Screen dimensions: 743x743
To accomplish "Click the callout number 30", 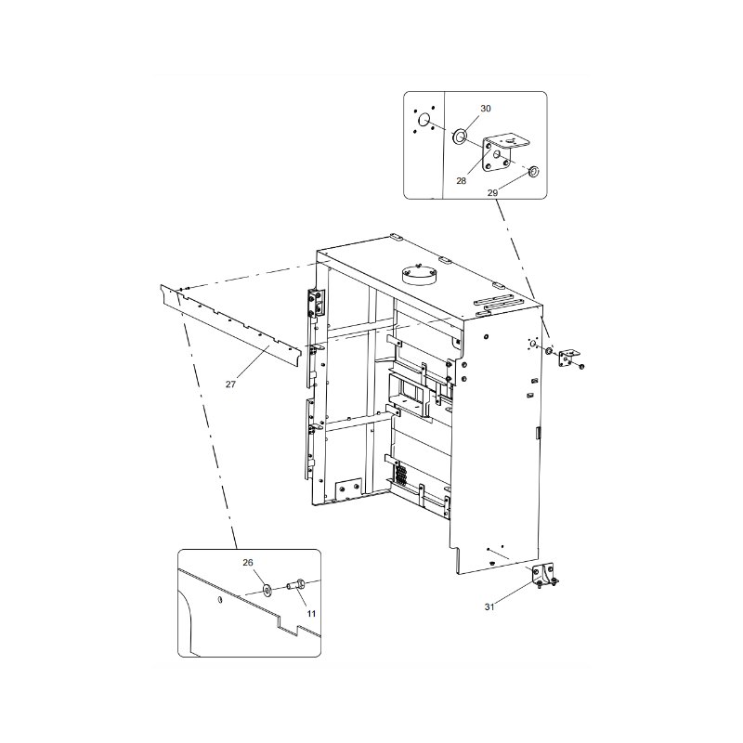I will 485,109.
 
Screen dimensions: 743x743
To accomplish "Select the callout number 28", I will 462,182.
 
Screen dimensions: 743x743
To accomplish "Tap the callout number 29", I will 492,192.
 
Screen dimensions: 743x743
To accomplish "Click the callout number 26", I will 248,563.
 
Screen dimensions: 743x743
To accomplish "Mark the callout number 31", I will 489,606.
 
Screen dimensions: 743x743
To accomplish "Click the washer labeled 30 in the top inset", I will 459,137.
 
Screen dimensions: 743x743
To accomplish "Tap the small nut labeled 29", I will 533,172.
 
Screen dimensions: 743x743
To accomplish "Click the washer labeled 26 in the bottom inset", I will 267,589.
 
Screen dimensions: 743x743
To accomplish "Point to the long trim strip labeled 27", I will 232,325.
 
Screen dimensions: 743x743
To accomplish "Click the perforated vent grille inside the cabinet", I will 400,475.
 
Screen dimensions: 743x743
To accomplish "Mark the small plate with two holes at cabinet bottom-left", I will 348,490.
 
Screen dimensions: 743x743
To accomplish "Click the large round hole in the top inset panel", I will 424,120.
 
